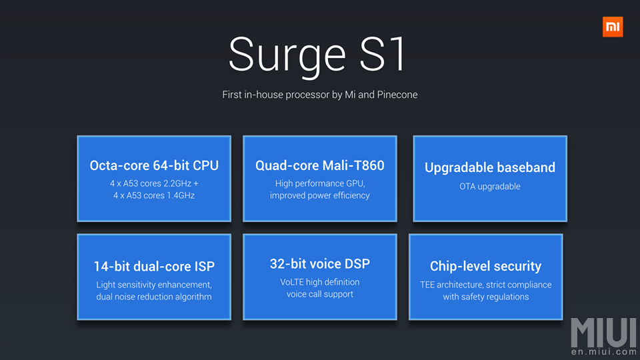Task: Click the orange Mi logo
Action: [x=612, y=27]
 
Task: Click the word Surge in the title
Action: [x=287, y=55]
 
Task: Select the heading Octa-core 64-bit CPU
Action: [x=154, y=165]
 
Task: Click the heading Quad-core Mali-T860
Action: [x=320, y=165]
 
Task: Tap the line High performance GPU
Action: [x=320, y=183]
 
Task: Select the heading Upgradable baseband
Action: [x=490, y=167]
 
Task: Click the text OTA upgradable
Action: [x=490, y=186]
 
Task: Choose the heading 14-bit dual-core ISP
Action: [x=154, y=266]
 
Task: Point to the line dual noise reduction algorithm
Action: [x=154, y=297]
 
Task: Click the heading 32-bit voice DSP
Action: [x=320, y=264]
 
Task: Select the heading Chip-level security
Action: [x=485, y=266]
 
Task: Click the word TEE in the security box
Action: [x=428, y=285]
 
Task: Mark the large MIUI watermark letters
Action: [x=603, y=331]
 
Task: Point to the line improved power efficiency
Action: [x=320, y=195]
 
